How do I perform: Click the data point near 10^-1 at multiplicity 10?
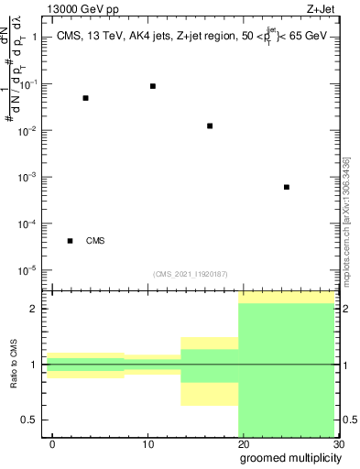point(152,86)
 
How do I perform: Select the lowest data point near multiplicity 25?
point(287,187)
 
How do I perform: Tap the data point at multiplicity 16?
point(210,125)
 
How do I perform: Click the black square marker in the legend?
point(70,241)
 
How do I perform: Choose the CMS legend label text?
point(95,242)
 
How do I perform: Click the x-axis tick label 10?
point(147,444)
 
